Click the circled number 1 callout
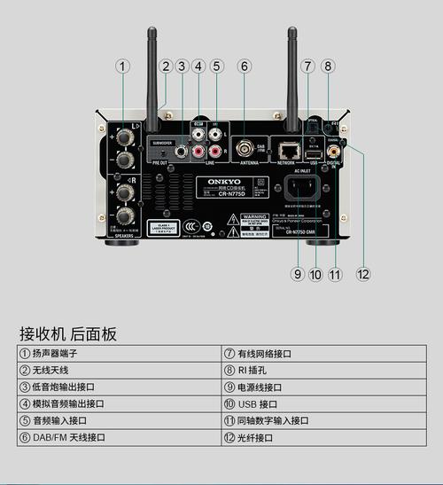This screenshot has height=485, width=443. tap(122, 66)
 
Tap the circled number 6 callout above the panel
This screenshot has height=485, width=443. tap(245, 66)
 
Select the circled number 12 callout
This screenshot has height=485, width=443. tap(362, 274)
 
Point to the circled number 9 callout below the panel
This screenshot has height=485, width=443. tap(298, 274)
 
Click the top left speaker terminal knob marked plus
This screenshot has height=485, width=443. tap(125, 137)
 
